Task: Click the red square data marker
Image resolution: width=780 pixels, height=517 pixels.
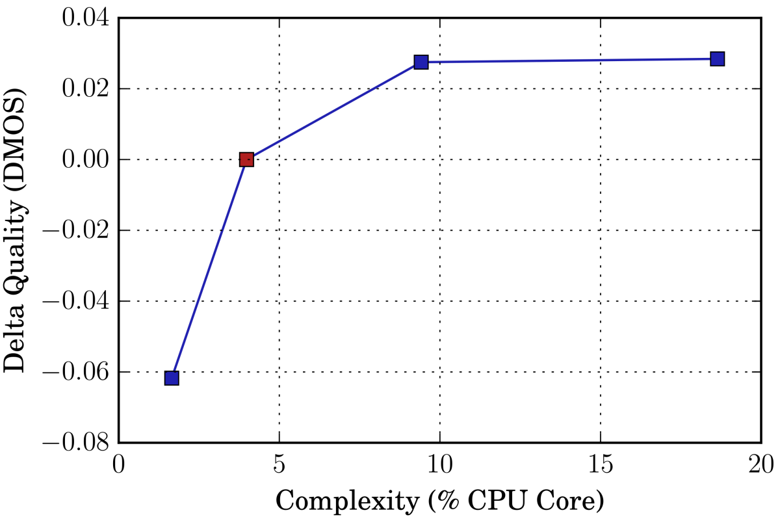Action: [246, 159]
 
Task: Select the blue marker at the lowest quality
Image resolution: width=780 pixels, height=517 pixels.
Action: [172, 378]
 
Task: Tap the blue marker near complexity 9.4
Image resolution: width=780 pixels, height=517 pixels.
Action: [421, 62]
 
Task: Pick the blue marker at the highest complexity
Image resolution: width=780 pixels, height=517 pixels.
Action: [717, 59]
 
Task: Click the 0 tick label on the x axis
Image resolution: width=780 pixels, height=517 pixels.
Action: [118, 466]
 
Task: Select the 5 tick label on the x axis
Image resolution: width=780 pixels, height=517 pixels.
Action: [279, 466]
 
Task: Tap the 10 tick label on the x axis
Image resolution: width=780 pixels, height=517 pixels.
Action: [439, 466]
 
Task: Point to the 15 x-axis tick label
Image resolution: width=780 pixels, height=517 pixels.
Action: [600, 466]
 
